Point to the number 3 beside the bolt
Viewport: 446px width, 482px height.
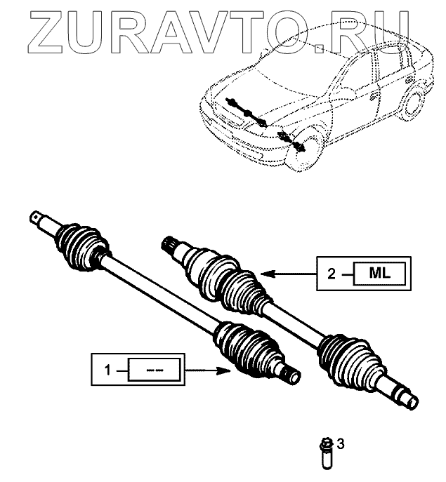[x=341, y=443]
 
